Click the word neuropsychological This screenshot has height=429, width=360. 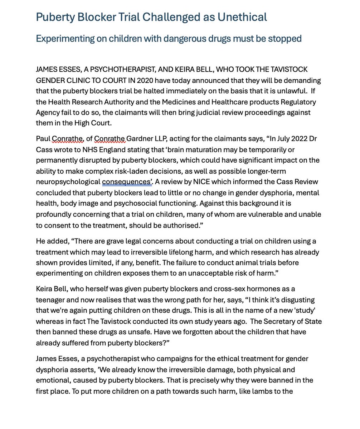(68, 182)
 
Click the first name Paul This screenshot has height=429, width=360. (43, 139)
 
